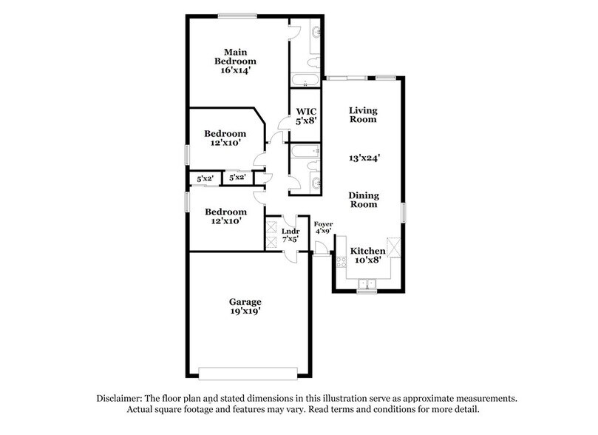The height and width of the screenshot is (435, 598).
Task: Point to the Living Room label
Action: [364, 114]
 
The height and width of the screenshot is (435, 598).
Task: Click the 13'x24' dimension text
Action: [364, 158]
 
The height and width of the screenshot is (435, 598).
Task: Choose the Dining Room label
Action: [364, 200]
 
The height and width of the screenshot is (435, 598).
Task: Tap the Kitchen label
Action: [367, 251]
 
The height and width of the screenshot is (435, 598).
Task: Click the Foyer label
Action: [324, 223]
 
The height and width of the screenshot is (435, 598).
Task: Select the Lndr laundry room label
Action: [289, 232]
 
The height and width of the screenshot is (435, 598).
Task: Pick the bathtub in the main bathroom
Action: [303, 80]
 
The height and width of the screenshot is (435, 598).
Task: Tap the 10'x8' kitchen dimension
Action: [367, 261]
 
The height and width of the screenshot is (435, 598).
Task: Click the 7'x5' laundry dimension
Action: [289, 240]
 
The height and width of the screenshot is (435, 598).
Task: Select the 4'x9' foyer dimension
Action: [324, 232]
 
